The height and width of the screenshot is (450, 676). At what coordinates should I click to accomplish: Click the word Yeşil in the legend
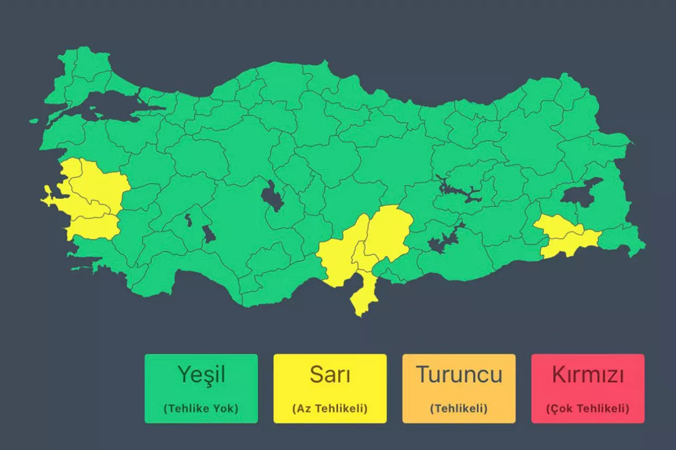point(200,375)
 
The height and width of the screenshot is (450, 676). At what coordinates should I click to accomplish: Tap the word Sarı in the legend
point(329,375)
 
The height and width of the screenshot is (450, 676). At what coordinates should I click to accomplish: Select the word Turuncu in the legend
point(458,374)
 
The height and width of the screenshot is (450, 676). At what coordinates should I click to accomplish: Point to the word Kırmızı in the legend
point(587,374)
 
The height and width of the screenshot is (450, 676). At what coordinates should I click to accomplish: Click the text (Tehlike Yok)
point(200,408)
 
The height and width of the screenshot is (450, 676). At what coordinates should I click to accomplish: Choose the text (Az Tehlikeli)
point(329,408)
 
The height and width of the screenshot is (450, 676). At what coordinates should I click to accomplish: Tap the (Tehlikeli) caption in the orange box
point(458,408)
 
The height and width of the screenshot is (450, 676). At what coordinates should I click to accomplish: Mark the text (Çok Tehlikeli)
point(587,408)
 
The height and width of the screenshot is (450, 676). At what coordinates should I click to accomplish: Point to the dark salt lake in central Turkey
point(273,196)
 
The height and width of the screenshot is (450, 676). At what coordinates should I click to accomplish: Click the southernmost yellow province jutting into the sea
point(363,294)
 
